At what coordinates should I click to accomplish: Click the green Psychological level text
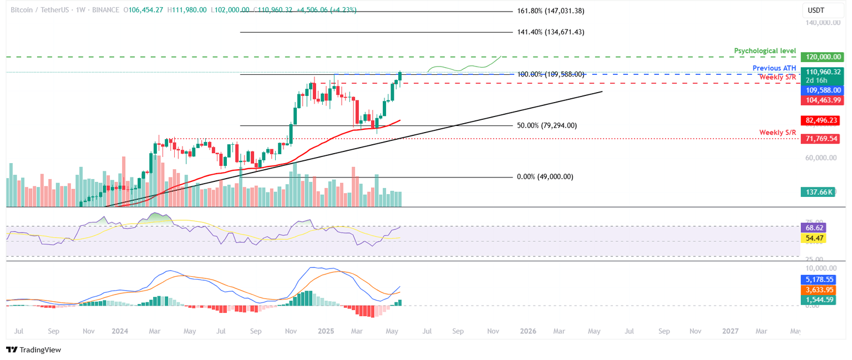point(765,50)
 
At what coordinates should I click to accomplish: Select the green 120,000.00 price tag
point(822,57)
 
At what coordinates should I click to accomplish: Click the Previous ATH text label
point(774,68)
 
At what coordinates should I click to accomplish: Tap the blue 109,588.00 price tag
point(822,90)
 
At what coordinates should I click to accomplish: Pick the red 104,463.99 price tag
point(822,100)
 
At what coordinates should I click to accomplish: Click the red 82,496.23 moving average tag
point(822,120)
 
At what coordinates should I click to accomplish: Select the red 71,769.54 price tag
point(822,138)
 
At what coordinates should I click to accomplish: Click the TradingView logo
point(34,349)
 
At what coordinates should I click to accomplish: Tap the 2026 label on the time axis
point(528,331)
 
